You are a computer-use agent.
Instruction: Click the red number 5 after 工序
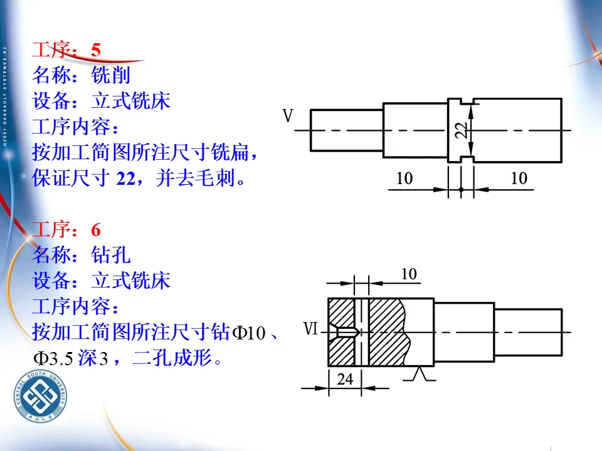pos(95,50)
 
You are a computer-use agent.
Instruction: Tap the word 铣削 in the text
pos(110,75)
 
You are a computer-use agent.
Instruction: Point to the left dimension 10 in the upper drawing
pos(404,179)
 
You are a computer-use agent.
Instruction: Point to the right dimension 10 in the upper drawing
pos(519,179)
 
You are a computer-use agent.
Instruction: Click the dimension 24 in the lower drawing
pos(345,379)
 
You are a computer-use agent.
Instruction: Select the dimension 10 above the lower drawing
pos(409,274)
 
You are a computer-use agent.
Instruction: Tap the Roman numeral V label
pos(288,117)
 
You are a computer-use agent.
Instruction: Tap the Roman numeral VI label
pos(312,329)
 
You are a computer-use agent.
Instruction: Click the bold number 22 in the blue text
pos(126,179)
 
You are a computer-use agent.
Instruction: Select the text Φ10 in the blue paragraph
pos(250,333)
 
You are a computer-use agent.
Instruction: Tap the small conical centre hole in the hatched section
pos(347,331)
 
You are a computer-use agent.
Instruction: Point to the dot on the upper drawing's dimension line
pos(461,189)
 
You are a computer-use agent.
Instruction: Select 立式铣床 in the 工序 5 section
pos(130,101)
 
